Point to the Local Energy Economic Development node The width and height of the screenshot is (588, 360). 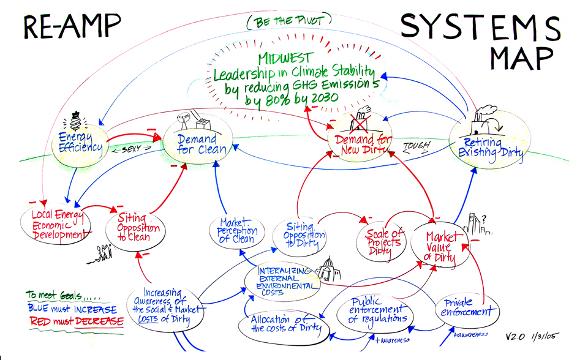pos(56,225)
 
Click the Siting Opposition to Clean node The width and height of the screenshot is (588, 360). pos(136,227)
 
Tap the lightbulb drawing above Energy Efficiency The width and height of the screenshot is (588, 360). pos(77,118)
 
